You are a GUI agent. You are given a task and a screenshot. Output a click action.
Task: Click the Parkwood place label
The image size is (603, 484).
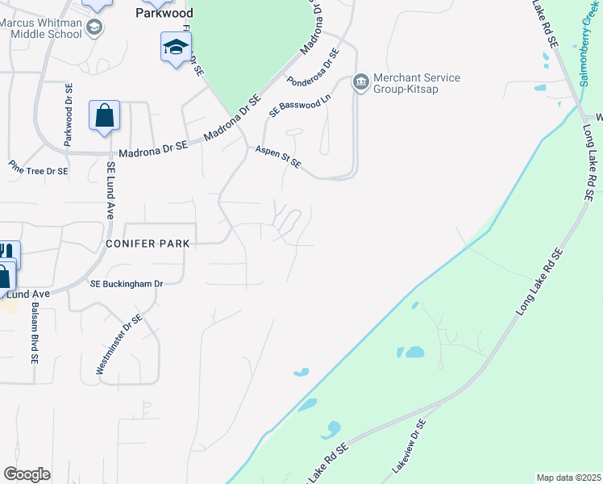[164, 13]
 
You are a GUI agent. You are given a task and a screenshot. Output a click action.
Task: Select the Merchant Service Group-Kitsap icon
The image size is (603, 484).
[360, 82]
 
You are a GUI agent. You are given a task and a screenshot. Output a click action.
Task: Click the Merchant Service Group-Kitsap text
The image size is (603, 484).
[417, 83]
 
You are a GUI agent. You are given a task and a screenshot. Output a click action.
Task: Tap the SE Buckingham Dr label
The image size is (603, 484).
[127, 284]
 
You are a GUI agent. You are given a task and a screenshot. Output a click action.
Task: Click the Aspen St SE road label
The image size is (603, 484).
[278, 157]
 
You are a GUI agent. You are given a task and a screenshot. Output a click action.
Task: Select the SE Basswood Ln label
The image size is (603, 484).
[300, 106]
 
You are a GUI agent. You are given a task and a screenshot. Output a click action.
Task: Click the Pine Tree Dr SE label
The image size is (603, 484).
[39, 171]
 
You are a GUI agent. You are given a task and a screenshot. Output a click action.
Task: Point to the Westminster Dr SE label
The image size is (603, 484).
[119, 344]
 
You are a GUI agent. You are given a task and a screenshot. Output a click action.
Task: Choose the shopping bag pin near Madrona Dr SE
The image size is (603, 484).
[105, 115]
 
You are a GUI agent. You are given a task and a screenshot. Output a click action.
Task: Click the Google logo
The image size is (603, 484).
[27, 474]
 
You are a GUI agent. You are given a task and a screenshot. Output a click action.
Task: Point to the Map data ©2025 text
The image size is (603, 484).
[568, 478]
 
